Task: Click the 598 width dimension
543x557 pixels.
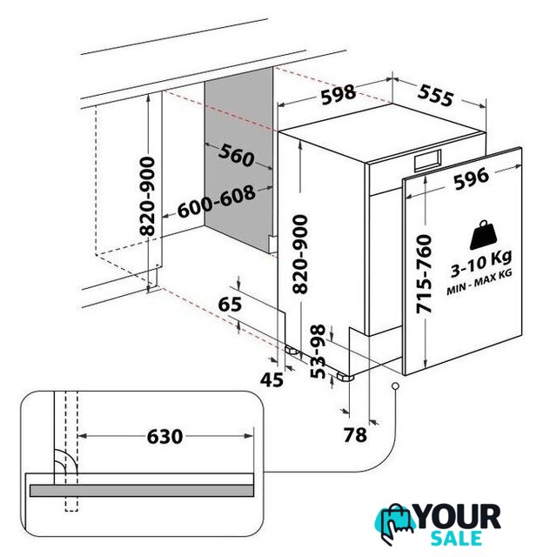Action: point(339,94)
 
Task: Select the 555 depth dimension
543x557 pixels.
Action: point(435,96)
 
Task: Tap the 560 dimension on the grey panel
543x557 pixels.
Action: point(236,155)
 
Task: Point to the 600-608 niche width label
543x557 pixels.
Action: point(217,201)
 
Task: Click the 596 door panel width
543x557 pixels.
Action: point(472,178)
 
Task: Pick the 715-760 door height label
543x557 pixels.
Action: point(424,274)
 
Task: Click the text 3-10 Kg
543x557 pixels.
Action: point(481,263)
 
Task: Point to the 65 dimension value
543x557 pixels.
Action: point(230,304)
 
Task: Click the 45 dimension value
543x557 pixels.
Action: point(271,379)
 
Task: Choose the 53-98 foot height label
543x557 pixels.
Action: point(318,352)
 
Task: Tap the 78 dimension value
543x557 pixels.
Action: point(355,435)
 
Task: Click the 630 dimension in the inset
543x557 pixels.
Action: point(164,436)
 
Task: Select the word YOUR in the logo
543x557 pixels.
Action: point(459,517)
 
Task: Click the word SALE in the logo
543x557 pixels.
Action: point(456,539)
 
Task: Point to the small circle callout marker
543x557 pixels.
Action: point(395,386)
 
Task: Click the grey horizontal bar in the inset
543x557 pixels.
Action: point(142,491)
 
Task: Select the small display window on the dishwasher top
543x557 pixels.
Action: point(427,160)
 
